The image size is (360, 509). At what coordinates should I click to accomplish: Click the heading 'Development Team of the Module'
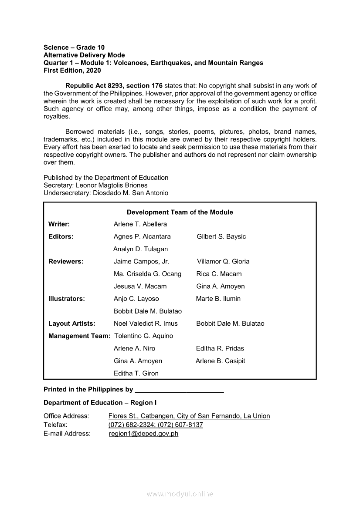point(180,212)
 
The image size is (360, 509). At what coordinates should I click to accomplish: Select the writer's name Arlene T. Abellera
point(140,224)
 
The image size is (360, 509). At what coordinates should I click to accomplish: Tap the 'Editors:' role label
point(61,236)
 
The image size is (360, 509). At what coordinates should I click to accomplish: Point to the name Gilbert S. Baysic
point(221,236)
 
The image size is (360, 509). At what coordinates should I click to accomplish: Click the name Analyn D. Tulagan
point(140,249)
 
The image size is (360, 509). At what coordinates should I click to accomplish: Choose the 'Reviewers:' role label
point(66,262)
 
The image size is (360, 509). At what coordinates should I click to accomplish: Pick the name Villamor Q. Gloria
point(223,262)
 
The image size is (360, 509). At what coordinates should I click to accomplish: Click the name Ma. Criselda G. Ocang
point(147,274)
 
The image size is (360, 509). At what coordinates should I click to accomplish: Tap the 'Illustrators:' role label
point(67,299)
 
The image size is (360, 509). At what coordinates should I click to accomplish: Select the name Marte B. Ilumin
point(218,299)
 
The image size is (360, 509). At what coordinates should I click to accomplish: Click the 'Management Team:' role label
point(79,336)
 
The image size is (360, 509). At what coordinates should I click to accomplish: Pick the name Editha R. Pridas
point(220,348)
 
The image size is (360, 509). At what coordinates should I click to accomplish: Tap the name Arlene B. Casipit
point(220,361)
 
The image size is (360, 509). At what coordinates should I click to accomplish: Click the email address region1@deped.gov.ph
point(143,434)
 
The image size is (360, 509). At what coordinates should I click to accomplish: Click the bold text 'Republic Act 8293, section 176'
point(107,86)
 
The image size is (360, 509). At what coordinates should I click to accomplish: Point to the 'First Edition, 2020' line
point(72,71)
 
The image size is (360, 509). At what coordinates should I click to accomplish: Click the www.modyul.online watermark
point(180,494)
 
